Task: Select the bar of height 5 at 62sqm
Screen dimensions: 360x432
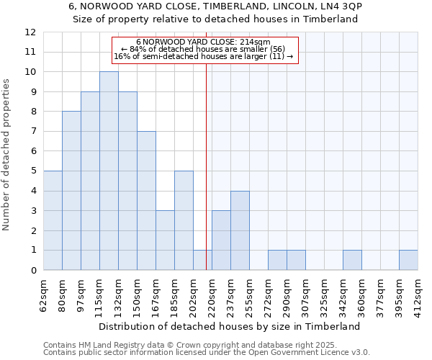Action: point(53,220)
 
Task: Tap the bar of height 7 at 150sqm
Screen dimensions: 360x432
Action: point(146,200)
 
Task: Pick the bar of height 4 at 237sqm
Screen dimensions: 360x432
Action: point(240,230)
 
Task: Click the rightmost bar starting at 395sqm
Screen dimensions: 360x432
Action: point(408,260)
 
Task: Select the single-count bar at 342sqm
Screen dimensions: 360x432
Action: point(352,260)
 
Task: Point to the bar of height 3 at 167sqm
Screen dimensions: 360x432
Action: point(165,240)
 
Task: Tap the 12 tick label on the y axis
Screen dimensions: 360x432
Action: point(30,32)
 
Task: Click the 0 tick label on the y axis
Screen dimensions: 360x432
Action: point(33,270)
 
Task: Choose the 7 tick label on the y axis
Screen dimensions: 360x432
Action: point(33,132)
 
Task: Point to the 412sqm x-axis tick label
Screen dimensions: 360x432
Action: point(418,295)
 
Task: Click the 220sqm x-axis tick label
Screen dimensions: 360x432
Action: point(212,295)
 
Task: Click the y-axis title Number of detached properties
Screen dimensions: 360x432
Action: point(7,155)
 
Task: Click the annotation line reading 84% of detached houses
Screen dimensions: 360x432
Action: point(203,49)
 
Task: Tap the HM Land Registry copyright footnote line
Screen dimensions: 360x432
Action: point(191,345)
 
